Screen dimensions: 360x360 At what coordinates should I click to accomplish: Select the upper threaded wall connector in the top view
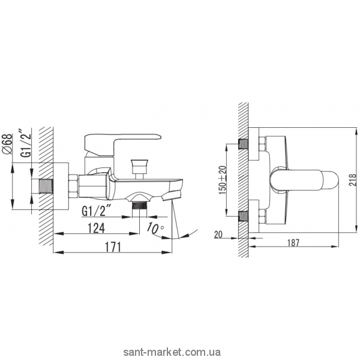tap(244, 145)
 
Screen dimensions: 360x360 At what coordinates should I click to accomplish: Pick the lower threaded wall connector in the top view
tap(244, 215)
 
